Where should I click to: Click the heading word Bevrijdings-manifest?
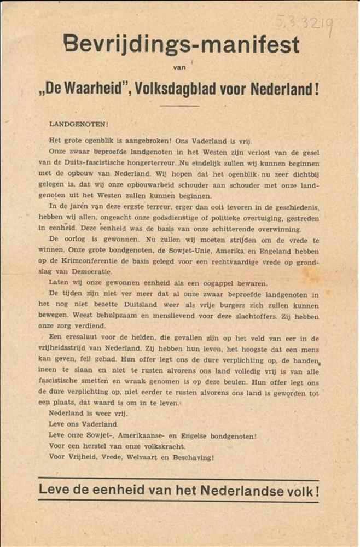tap(181, 43)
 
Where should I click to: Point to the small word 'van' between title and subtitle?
tap(179, 68)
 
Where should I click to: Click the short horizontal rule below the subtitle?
tap(179, 105)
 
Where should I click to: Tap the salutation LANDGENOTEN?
tap(72, 124)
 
